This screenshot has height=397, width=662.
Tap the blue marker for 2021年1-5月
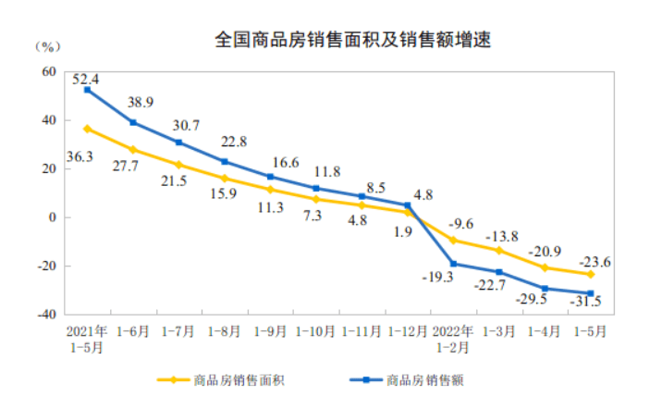coord(87,90)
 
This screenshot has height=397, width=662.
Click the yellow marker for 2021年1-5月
coord(87,129)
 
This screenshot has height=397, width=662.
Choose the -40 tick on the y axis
coord(44,315)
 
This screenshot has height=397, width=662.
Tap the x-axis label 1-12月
coord(407,330)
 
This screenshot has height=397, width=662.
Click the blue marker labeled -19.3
coord(453,264)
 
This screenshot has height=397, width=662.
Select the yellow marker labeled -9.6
coord(453,240)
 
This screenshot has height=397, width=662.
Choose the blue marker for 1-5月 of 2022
coord(590,293)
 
